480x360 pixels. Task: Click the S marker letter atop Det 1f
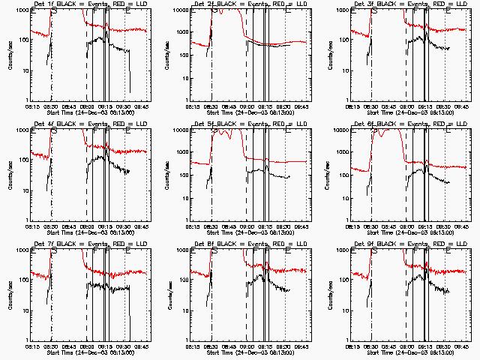53,12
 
